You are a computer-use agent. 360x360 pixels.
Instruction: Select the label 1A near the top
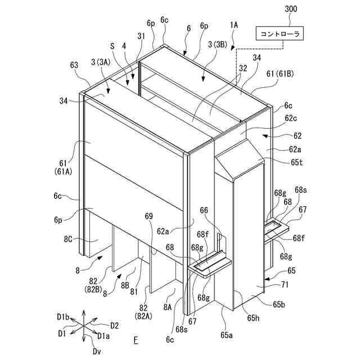(234, 25)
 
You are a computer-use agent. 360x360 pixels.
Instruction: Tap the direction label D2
(114, 325)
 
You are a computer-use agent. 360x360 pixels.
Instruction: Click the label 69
(148, 216)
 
